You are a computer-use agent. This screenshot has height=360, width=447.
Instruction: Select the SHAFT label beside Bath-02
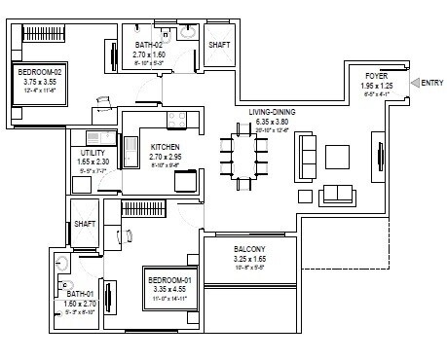tap(219, 45)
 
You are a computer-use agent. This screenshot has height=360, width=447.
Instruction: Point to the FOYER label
tap(378, 76)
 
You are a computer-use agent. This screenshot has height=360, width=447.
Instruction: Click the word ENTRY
tap(431, 84)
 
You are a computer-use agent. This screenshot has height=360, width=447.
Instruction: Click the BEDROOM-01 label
tap(169, 280)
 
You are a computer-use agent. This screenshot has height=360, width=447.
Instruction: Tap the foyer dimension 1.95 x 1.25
tap(378, 86)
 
